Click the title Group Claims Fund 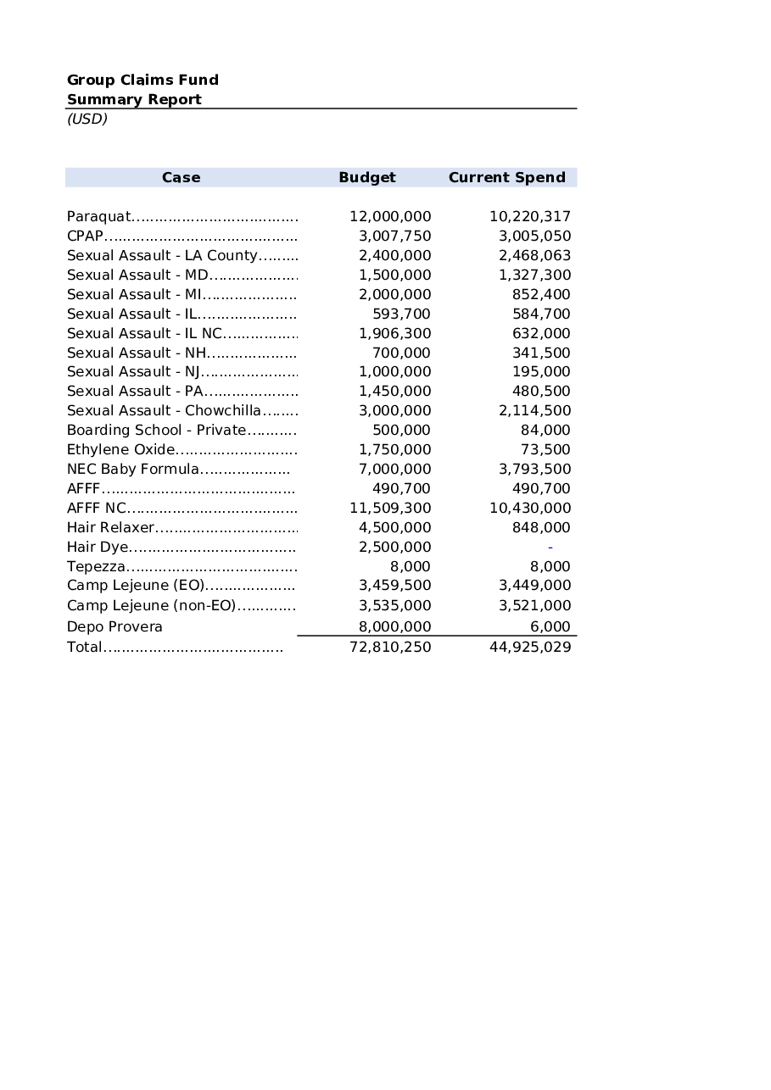tap(142, 80)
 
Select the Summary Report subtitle tap(134, 99)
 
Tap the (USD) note tap(87, 119)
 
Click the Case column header tap(181, 177)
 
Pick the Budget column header tap(367, 177)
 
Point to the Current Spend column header tap(506, 177)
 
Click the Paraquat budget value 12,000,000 tap(390, 216)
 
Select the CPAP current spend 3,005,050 tap(534, 236)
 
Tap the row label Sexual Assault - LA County tap(162, 255)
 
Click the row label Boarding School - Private tap(156, 430)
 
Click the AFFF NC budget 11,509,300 tap(390, 508)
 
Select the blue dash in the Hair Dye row tap(550, 548)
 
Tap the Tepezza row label tap(96, 566)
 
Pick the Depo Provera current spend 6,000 tap(550, 626)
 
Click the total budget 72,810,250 tap(390, 647)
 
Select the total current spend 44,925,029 tap(530, 647)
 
